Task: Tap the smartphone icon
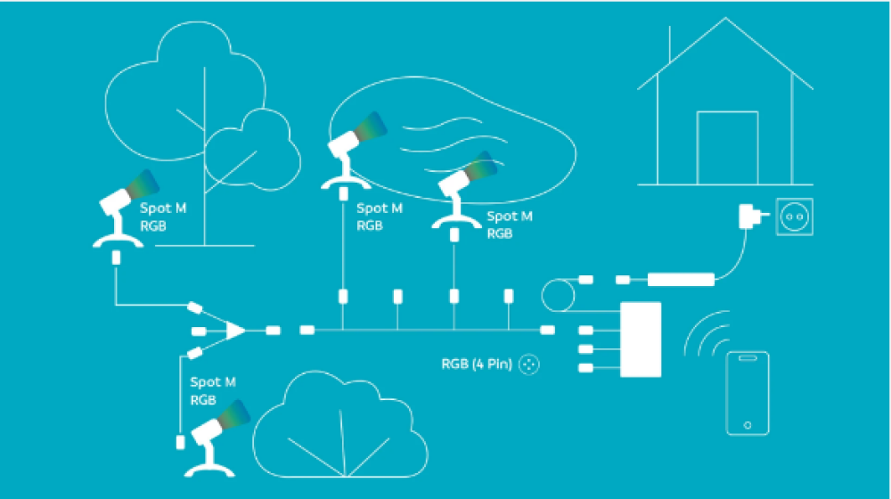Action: pyautogui.click(x=748, y=393)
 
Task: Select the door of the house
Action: pyautogui.click(x=727, y=148)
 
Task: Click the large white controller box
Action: pyautogui.click(x=641, y=339)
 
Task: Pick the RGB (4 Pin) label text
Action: pyautogui.click(x=477, y=364)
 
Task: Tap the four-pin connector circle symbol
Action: pyautogui.click(x=530, y=364)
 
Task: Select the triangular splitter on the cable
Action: pyautogui.click(x=234, y=331)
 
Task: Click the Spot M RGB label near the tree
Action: pyautogui.click(x=164, y=217)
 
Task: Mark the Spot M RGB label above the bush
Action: pyautogui.click(x=213, y=391)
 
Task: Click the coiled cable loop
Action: pyautogui.click(x=560, y=295)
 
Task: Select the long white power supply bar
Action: pyautogui.click(x=681, y=280)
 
